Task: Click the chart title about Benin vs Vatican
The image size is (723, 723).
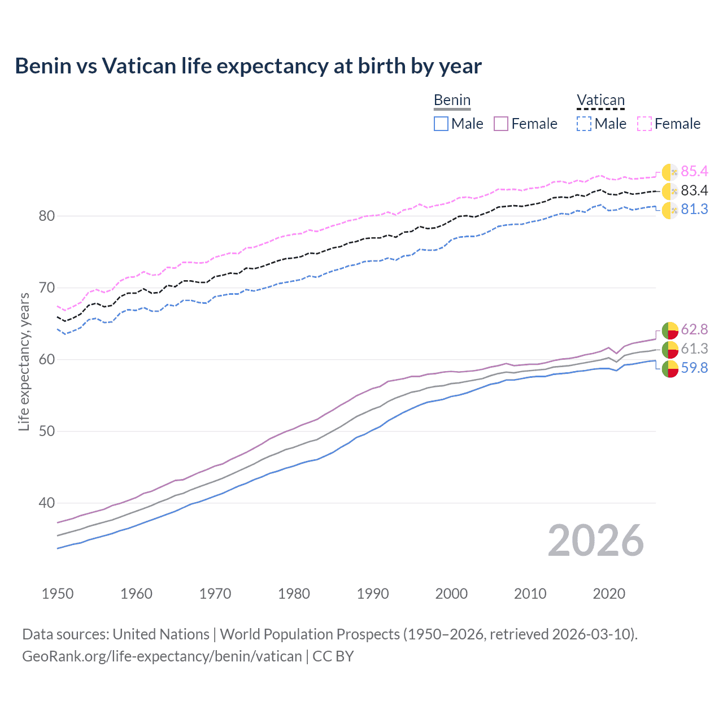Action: click(248, 66)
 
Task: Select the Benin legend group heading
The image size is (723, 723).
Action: click(452, 101)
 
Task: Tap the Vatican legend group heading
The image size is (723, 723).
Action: click(600, 101)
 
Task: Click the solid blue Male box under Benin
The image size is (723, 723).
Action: click(441, 124)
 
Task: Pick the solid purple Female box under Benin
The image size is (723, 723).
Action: click(501, 124)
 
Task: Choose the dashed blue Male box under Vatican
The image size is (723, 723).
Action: click(584, 124)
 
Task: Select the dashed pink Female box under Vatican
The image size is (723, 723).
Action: click(644, 124)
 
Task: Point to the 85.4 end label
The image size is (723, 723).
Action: click(694, 171)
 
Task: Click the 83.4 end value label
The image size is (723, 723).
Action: click(694, 190)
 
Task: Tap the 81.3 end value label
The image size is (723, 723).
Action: click(694, 209)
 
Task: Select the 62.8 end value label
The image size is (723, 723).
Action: click(694, 329)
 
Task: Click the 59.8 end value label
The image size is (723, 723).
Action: click(694, 368)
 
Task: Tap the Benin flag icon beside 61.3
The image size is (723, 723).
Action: click(670, 349)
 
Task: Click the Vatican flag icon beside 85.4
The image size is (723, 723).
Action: click(670, 172)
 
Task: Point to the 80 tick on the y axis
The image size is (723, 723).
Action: click(47, 216)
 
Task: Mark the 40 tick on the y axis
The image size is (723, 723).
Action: click(47, 503)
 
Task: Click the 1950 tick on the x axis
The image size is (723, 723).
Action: click(58, 594)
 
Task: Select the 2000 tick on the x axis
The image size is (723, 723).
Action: click(451, 594)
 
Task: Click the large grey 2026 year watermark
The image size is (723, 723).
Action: click(595, 541)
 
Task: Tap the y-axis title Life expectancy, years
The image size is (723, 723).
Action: click(24, 361)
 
